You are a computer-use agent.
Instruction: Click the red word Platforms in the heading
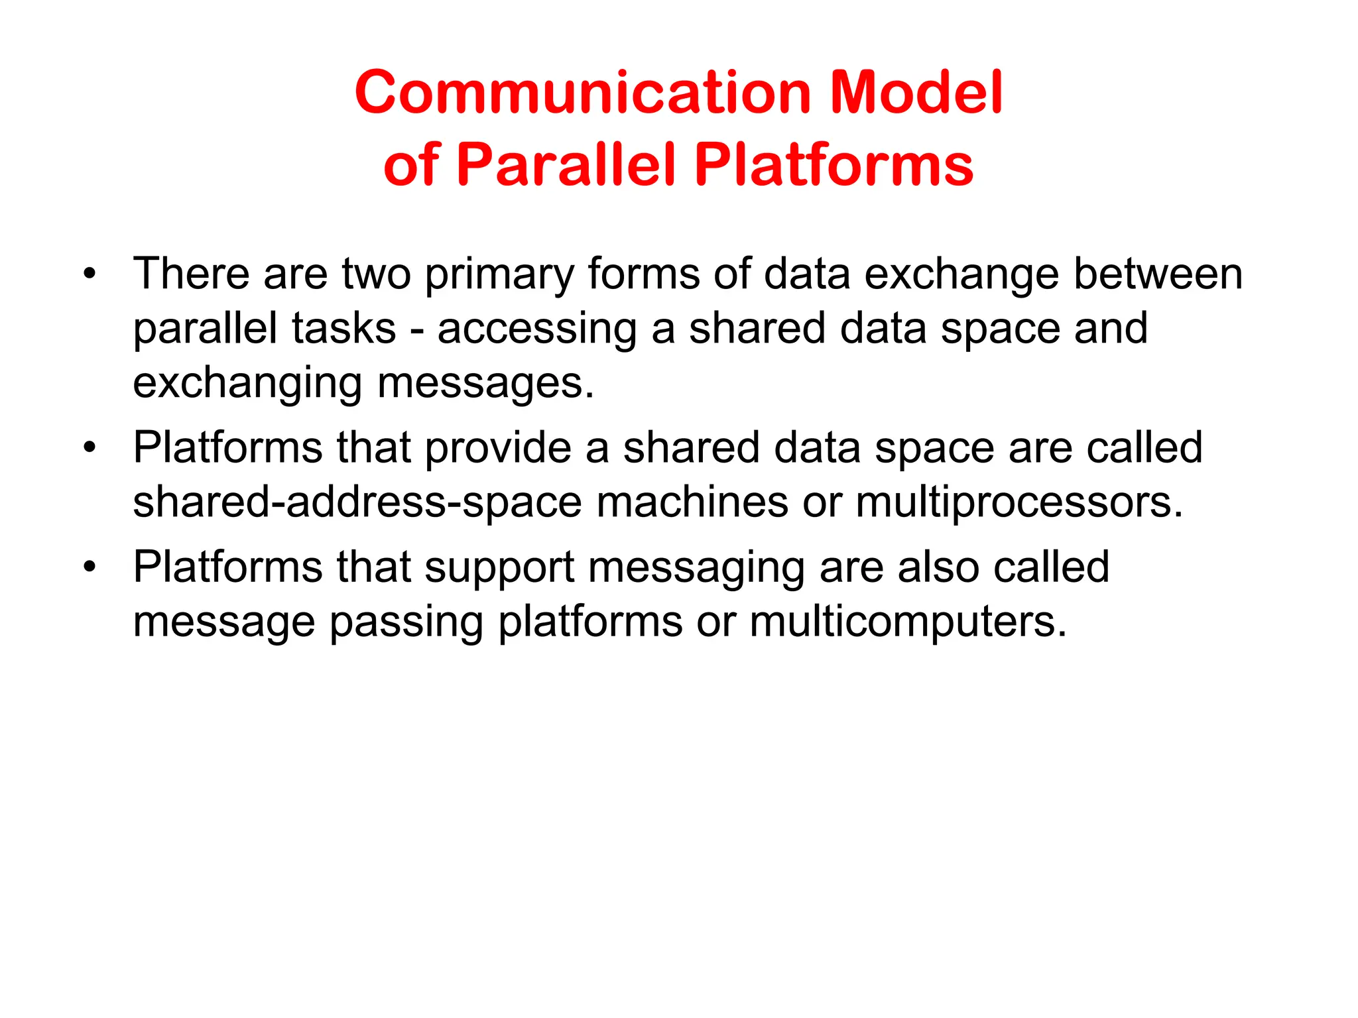click(x=833, y=164)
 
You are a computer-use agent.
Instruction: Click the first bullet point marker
click(x=90, y=273)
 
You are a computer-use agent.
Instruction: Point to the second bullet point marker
click(x=90, y=447)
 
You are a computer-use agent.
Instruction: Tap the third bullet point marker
click(x=90, y=567)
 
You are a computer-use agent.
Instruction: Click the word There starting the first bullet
click(x=191, y=273)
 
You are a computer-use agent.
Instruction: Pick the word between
click(x=1158, y=273)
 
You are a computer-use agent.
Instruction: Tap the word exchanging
click(x=247, y=384)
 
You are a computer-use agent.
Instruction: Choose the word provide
click(x=498, y=448)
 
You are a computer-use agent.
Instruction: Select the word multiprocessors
click(x=1019, y=502)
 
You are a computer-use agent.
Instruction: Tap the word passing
click(x=406, y=623)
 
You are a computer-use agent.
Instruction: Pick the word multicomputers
click(x=908, y=623)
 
